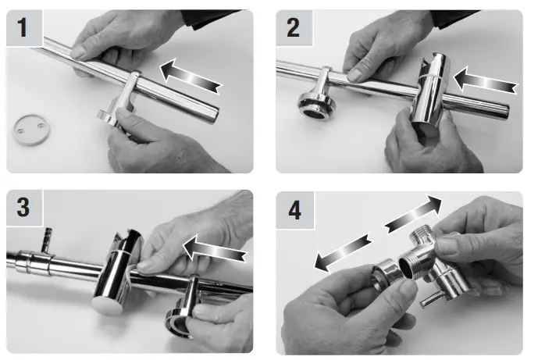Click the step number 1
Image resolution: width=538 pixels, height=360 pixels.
23,29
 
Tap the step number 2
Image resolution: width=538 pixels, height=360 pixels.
294,29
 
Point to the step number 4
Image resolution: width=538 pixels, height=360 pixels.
294,210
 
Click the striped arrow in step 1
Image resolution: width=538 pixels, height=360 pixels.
192,76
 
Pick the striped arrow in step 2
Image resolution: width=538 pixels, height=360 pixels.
484,78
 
